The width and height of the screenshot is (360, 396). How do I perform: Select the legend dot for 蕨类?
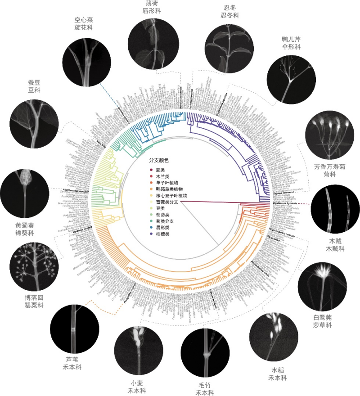(151, 170)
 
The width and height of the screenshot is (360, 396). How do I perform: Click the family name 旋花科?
(83, 27)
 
